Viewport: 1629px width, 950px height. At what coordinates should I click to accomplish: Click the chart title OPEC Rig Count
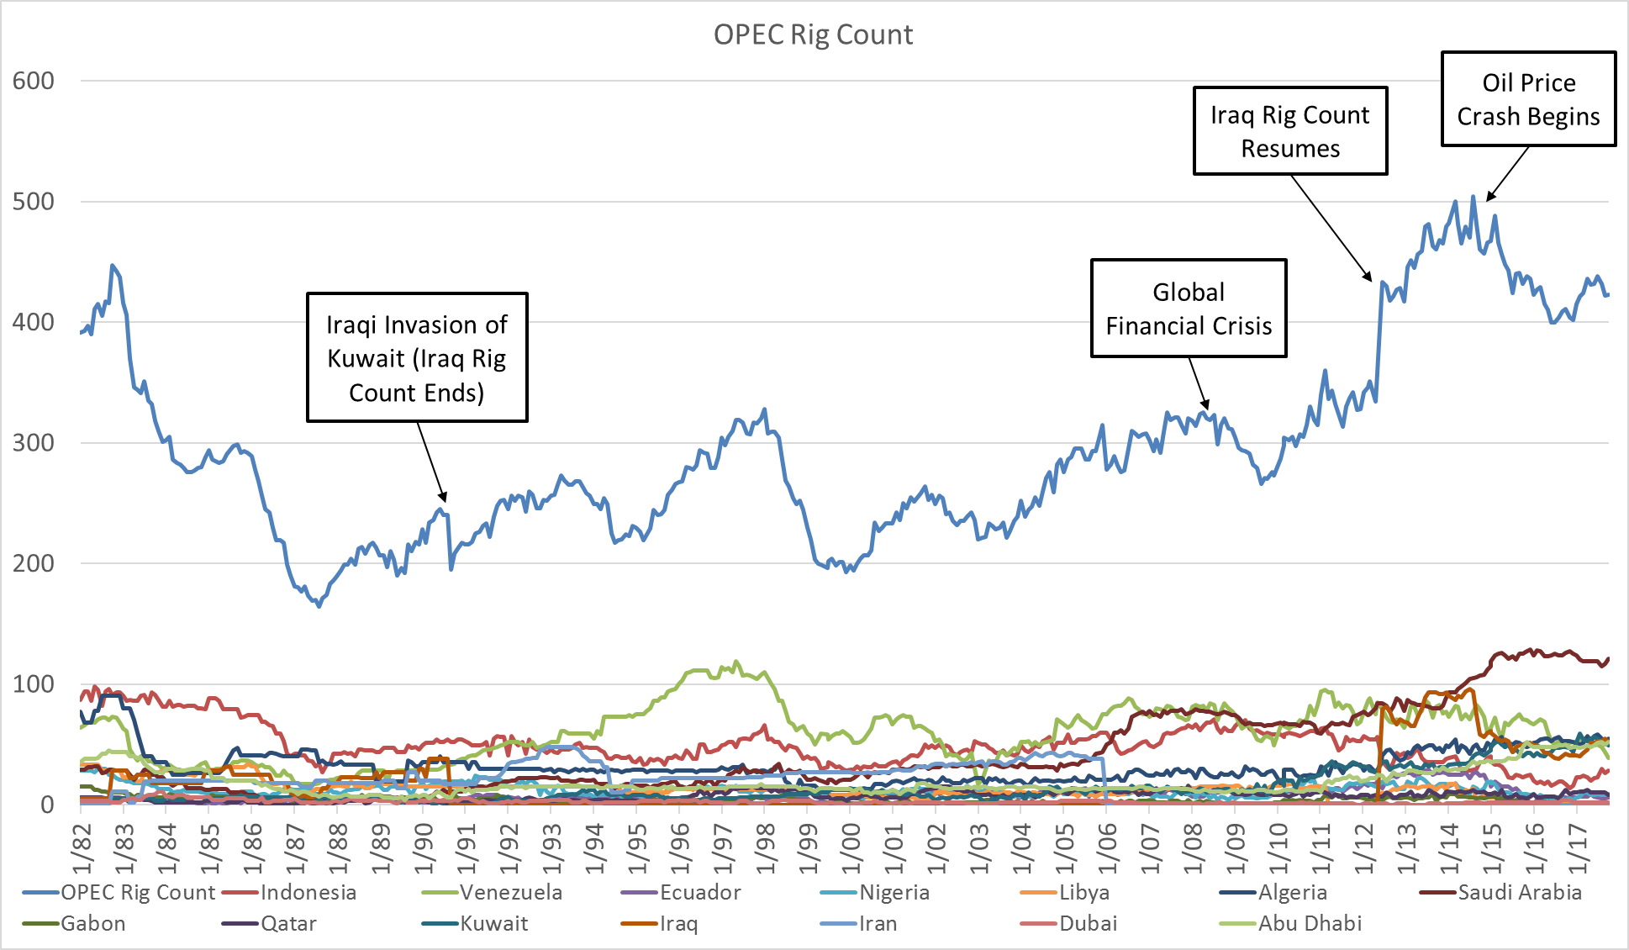click(x=813, y=34)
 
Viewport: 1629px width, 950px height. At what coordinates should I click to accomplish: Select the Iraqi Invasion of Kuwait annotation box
click(x=417, y=357)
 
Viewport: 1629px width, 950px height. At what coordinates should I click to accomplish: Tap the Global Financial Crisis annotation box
click(x=1188, y=309)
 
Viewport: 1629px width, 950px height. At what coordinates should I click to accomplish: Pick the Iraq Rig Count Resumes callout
click(x=1289, y=131)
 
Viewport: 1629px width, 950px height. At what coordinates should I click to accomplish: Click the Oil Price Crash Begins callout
click(x=1528, y=99)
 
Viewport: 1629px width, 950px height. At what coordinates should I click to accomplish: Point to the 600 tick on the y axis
click(x=34, y=81)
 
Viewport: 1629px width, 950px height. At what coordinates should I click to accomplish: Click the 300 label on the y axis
click(x=34, y=442)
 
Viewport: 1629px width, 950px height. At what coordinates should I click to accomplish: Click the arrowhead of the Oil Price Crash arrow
click(x=1488, y=199)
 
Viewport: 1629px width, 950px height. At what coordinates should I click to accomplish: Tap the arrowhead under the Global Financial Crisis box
click(x=1206, y=407)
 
